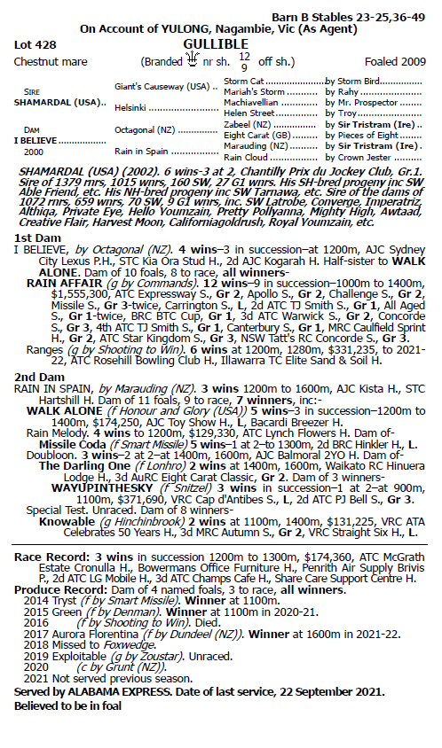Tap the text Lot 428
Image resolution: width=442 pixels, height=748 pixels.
(33, 43)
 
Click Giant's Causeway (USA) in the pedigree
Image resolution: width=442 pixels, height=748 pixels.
(165, 88)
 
